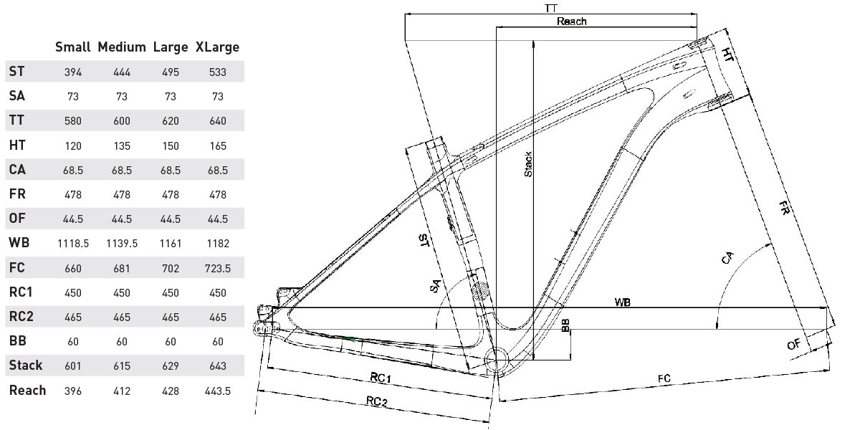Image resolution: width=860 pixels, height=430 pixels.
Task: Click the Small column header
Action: [72, 47]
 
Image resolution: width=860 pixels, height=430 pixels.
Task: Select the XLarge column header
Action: [217, 47]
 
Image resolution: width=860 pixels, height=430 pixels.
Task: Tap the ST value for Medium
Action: [122, 72]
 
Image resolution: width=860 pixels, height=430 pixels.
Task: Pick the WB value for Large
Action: [171, 244]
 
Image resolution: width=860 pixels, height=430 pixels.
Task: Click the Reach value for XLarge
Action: [218, 391]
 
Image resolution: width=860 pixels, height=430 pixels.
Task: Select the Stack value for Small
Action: [73, 366]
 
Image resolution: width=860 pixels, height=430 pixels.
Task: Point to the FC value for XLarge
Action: [218, 268]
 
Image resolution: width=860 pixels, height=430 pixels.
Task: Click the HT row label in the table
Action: [17, 145]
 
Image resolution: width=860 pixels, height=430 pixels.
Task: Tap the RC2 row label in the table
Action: [21, 316]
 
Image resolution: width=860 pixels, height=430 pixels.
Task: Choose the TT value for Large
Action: [171, 121]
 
